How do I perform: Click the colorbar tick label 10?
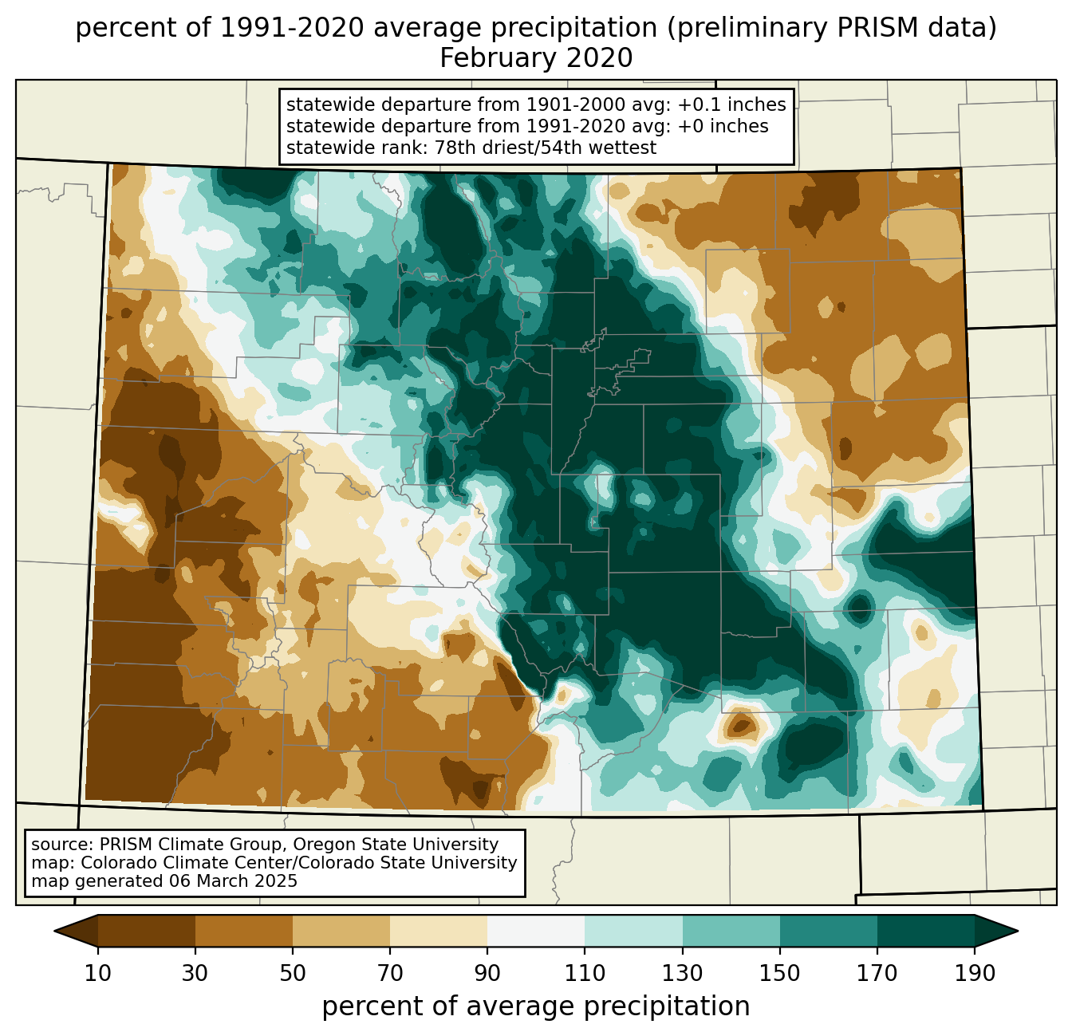coord(97,974)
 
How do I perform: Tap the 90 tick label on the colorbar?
coord(487,974)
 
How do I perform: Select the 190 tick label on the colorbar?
coord(975,974)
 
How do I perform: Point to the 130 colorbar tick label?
coord(683,974)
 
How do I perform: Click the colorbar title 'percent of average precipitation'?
coord(536,1006)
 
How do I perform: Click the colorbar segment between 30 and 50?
coord(244,931)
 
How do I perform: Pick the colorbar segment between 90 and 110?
coord(536,931)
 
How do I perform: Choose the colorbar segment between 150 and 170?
coord(829,931)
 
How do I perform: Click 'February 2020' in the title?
coord(536,58)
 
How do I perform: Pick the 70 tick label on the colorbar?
coord(390,974)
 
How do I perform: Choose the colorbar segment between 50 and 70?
coord(341,931)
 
